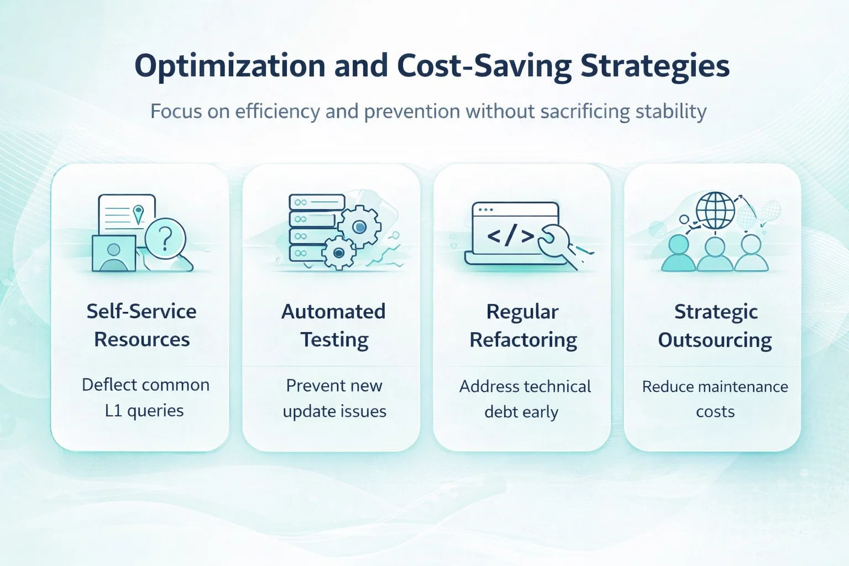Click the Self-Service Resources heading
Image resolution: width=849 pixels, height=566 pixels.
pyautogui.click(x=141, y=325)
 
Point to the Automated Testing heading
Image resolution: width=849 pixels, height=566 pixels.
pyautogui.click(x=333, y=325)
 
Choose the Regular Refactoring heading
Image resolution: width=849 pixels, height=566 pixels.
pyautogui.click(x=523, y=325)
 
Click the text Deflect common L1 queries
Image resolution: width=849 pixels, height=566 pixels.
pyautogui.click(x=145, y=397)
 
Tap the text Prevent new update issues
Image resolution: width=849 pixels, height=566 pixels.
pyautogui.click(x=334, y=398)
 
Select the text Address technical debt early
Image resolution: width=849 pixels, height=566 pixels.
pyautogui.click(x=525, y=399)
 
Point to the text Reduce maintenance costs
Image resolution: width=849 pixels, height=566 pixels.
pyautogui.click(x=715, y=399)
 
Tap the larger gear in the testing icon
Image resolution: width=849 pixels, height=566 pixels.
pyautogui.click(x=359, y=227)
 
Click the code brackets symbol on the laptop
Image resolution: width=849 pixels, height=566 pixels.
pyautogui.click(x=510, y=235)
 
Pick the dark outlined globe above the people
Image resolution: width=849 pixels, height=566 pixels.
pyautogui.click(x=715, y=211)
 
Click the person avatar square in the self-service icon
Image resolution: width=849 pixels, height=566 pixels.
pyautogui.click(x=114, y=253)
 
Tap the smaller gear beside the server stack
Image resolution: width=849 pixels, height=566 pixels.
pyautogui.click(x=338, y=253)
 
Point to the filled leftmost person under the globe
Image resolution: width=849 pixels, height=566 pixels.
pyautogui.click(x=678, y=253)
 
